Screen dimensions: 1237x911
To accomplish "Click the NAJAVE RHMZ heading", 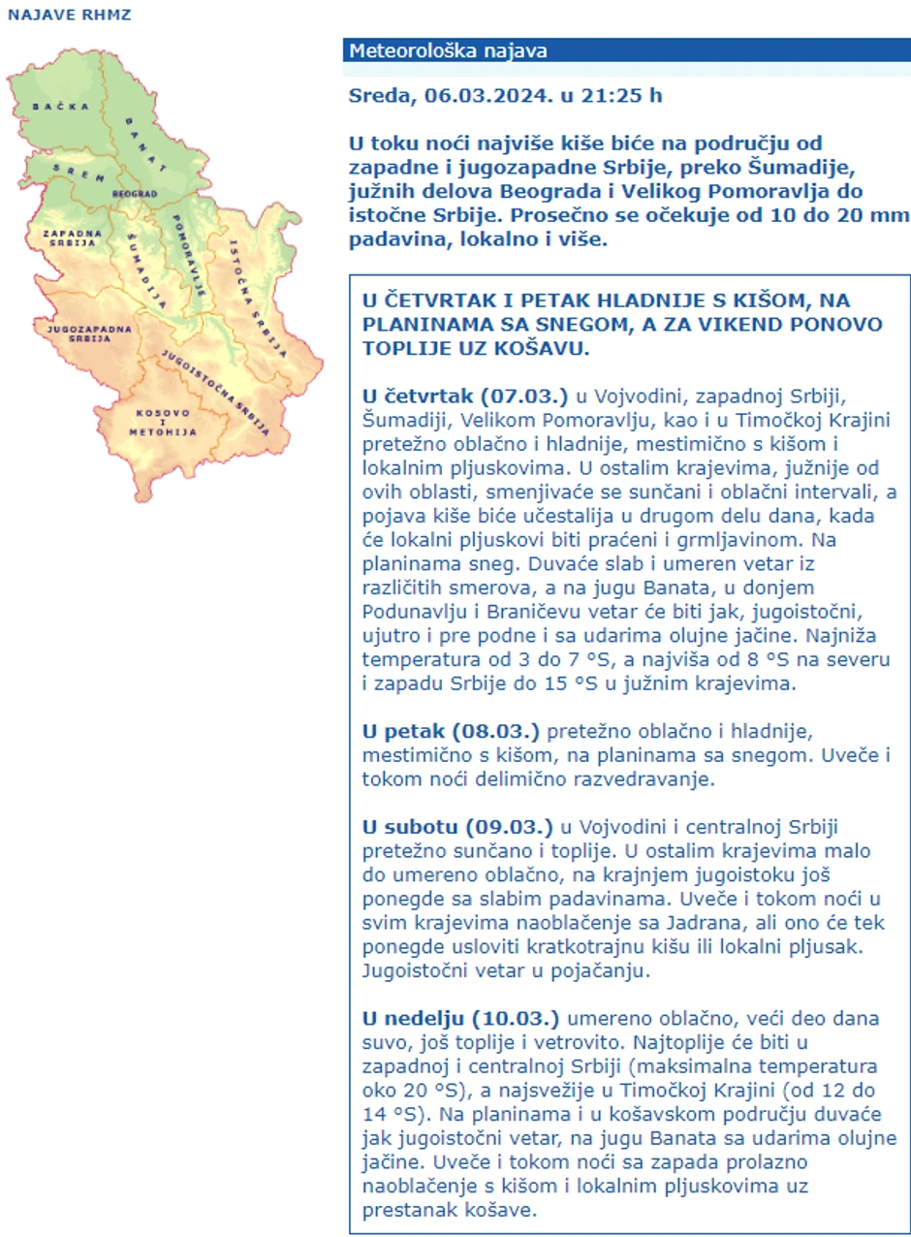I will click(x=69, y=16).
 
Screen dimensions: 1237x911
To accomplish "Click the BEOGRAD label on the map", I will click(x=135, y=194).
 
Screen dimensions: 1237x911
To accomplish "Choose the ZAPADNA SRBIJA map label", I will click(x=70, y=238).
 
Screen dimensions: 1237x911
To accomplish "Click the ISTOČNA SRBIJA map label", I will click(x=255, y=291).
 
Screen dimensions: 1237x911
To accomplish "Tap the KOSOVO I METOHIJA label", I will click(x=166, y=419).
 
